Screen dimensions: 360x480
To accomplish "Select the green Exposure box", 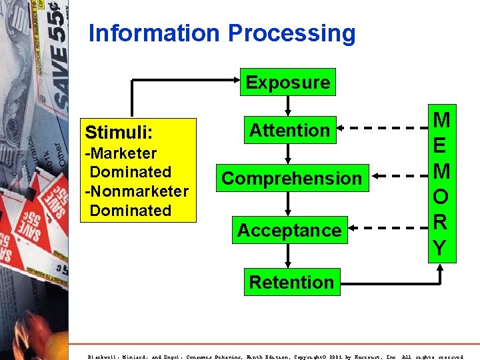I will (x=288, y=83).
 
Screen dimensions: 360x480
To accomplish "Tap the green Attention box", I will (x=289, y=130).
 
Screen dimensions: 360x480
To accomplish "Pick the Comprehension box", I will (x=291, y=178).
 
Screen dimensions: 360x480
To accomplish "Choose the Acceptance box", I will (x=289, y=230).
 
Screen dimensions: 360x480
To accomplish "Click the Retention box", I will (x=291, y=282).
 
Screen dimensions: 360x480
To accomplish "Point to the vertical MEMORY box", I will (x=441, y=183).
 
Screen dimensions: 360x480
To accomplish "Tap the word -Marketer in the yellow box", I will (x=120, y=153).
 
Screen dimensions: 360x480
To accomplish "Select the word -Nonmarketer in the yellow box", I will (x=137, y=191).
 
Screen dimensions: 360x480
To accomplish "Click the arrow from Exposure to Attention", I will (x=288, y=105).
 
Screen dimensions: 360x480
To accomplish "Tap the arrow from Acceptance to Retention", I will (x=288, y=257).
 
